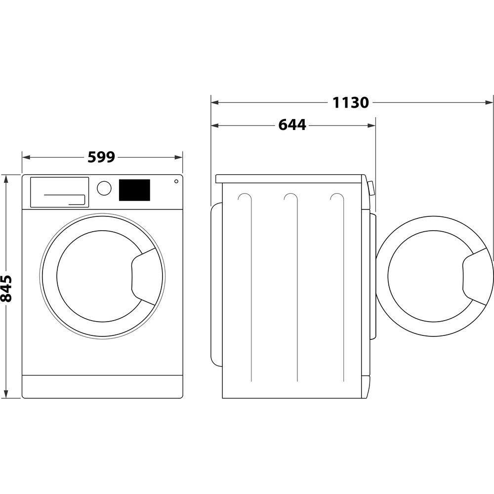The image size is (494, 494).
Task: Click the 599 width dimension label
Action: (x=101, y=157)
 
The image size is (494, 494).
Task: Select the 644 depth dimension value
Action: (x=292, y=125)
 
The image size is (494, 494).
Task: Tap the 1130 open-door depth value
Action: (x=350, y=103)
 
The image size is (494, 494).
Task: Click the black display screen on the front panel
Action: (x=134, y=190)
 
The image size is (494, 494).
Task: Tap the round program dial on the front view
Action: (x=104, y=188)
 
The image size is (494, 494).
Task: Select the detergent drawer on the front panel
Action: (x=59, y=192)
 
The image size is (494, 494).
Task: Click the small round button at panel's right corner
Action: (x=176, y=181)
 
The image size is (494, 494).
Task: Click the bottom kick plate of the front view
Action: (x=102, y=386)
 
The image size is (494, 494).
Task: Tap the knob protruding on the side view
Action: (x=371, y=188)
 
